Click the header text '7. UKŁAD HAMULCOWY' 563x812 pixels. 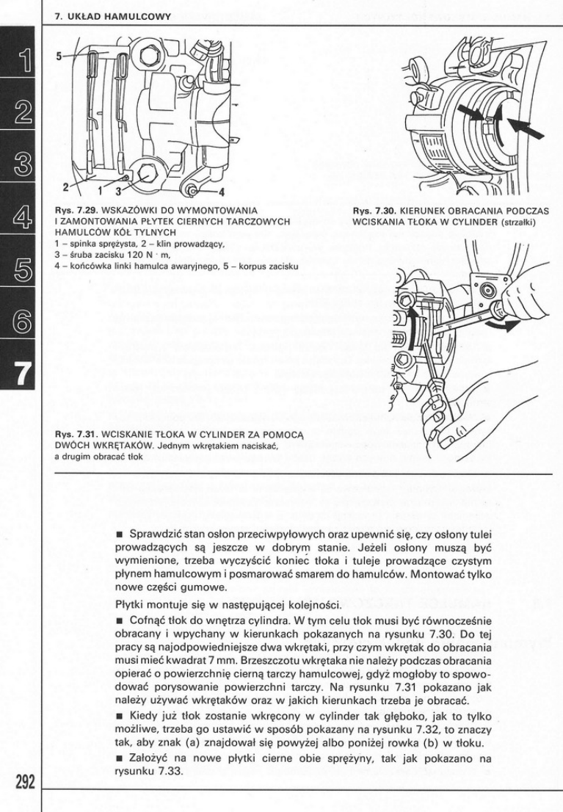113,15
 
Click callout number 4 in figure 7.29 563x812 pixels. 219,193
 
